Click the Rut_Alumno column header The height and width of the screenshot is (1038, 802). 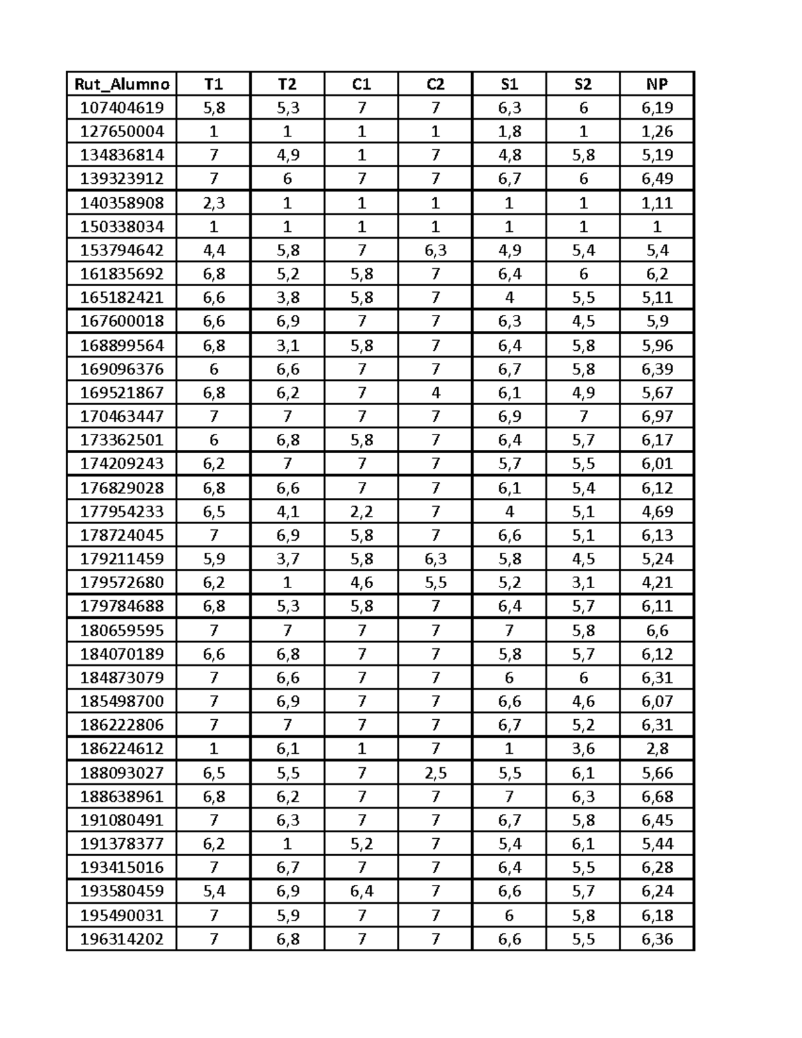tap(122, 84)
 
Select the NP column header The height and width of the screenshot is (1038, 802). tap(657, 84)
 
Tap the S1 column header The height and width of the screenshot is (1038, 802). tap(509, 84)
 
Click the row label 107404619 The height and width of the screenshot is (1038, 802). tap(122, 108)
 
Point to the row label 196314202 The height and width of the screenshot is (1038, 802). tap(122, 939)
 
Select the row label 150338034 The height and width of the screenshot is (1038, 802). tap(122, 227)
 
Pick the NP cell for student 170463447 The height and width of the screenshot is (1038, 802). tap(657, 416)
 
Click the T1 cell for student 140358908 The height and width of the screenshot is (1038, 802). tap(213, 203)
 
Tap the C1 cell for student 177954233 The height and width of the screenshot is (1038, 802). tap(362, 511)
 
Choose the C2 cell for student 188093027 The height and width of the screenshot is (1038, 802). tap(435, 773)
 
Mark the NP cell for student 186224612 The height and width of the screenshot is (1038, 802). tap(657, 749)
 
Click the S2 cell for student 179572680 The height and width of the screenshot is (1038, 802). tap(583, 582)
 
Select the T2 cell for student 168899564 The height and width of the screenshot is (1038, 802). tap(287, 346)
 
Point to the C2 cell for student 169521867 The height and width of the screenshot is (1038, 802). tap(435, 393)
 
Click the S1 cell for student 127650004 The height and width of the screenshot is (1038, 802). tap(509, 131)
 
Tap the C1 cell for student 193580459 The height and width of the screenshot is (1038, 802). tap(362, 891)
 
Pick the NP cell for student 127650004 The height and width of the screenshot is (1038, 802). tap(657, 131)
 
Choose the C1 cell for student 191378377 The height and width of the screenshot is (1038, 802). tap(362, 844)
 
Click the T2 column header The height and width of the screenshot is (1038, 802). tap(287, 84)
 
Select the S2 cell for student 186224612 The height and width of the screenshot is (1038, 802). tap(583, 749)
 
